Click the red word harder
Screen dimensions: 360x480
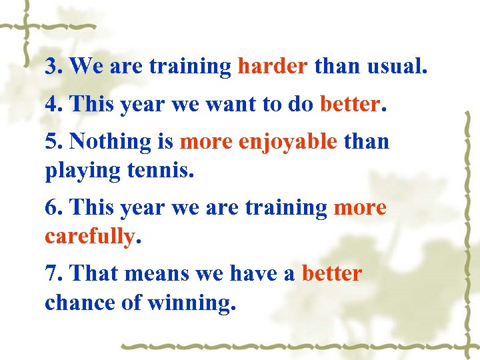(273, 66)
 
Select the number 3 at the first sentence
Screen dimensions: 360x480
(51, 67)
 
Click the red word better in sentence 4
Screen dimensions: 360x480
(349, 103)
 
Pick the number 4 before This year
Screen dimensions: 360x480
(51, 104)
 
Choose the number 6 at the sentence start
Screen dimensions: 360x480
(51, 207)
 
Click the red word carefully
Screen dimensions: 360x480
(89, 237)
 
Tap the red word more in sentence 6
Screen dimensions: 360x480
(360, 207)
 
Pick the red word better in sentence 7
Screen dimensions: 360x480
(332, 273)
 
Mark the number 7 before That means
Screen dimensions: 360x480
(51, 273)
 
